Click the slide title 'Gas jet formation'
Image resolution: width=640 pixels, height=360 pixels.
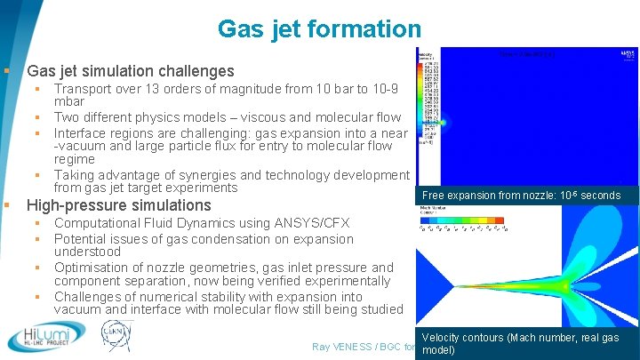(x=319, y=28)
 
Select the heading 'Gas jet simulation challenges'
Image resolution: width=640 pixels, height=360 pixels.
(x=131, y=71)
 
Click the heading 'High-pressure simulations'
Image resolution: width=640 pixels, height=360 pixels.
(x=119, y=205)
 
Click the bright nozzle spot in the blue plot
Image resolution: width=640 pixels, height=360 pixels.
(x=444, y=123)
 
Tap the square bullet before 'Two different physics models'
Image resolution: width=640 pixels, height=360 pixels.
(x=39, y=117)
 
